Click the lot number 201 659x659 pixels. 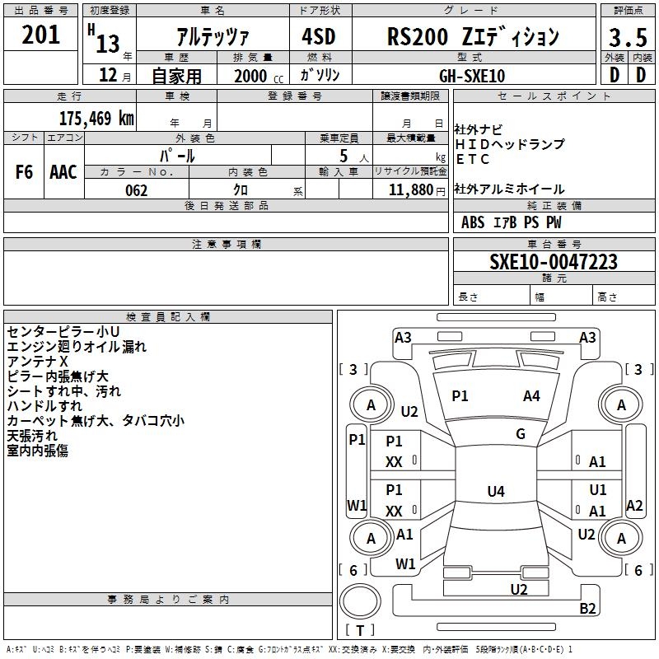coord(40,35)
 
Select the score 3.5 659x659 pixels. coord(628,37)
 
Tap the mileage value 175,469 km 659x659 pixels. coord(96,118)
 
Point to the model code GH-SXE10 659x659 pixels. coord(472,76)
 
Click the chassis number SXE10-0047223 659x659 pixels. coord(554,262)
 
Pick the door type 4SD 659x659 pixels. coord(319,36)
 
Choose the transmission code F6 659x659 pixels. coord(24,172)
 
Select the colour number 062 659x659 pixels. coord(137,190)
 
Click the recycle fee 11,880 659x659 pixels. coord(410,190)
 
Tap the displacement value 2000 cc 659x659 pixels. coord(259,76)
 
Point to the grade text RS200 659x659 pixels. coord(418,36)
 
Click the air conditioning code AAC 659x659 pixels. coord(63,172)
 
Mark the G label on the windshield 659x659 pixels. coord(521,433)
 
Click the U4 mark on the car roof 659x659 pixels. coord(496,491)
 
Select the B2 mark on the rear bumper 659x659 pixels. coord(587,608)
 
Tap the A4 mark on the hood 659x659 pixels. coord(531,395)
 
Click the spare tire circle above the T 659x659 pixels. coord(360,601)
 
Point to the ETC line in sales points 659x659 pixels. coord(472,159)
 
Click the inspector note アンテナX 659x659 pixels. coord(37,362)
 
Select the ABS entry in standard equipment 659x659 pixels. coord(473,222)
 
